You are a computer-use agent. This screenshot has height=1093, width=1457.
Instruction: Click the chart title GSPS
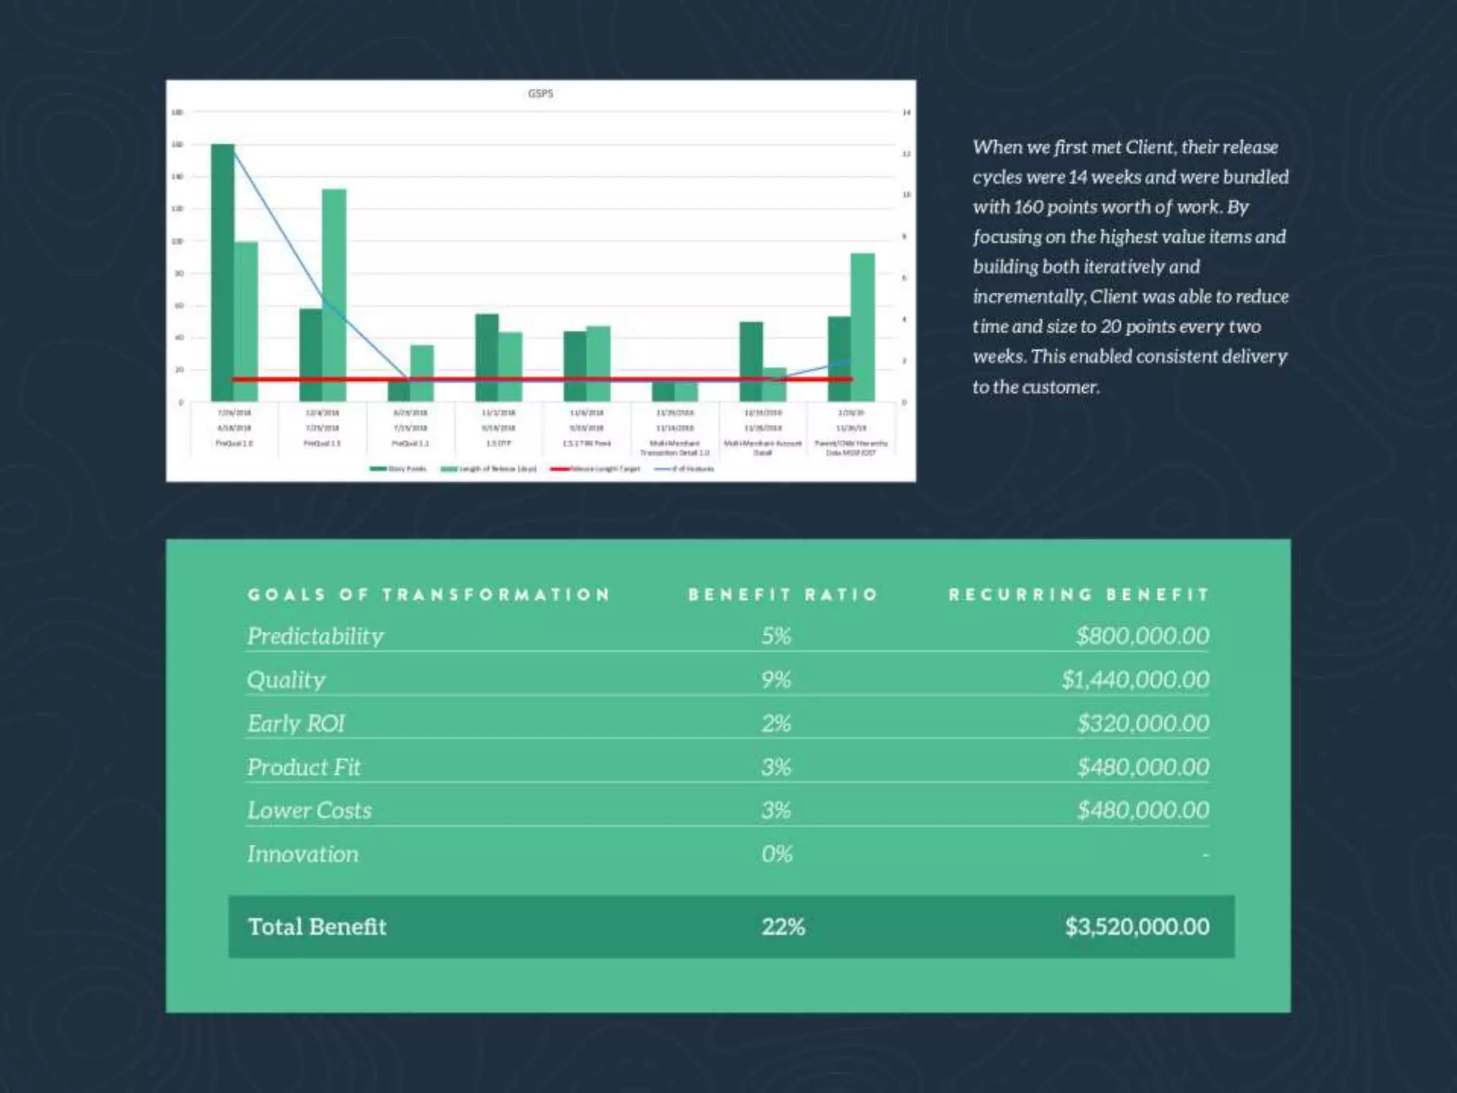point(541,93)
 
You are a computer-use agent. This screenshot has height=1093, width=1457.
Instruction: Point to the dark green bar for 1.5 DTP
point(487,356)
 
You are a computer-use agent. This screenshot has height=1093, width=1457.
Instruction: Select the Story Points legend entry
point(398,469)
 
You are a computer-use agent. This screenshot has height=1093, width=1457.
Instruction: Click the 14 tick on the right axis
point(906,112)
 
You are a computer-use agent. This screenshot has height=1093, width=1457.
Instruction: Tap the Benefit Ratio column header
point(783,595)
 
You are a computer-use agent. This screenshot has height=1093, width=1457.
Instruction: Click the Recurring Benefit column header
point(1079,595)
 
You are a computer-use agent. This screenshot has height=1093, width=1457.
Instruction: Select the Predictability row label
point(315,636)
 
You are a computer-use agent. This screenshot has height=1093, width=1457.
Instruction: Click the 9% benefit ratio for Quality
point(776,680)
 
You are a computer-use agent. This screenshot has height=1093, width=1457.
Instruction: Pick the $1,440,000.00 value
point(1135,680)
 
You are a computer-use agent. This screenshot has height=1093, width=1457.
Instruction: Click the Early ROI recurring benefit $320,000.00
point(1143,724)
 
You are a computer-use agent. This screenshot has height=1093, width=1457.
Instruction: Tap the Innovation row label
point(303,854)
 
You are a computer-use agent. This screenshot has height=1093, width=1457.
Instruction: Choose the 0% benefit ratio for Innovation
point(776,854)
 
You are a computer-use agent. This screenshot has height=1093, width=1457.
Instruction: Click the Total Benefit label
point(317,926)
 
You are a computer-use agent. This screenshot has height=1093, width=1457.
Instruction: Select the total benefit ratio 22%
point(783,926)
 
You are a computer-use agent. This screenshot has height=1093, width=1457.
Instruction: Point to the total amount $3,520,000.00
point(1137,926)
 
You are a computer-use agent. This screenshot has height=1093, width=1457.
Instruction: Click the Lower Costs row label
point(309,810)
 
